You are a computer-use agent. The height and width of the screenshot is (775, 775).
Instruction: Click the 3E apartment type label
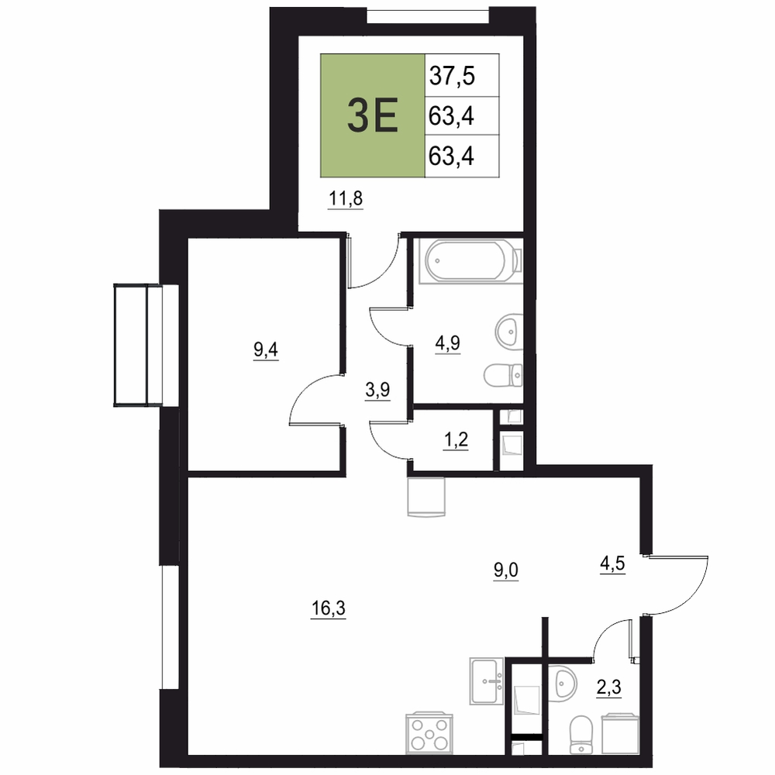point(373,115)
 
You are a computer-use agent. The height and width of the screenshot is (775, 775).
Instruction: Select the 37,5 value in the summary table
point(452,76)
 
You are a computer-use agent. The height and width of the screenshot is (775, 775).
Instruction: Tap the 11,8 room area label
point(346,198)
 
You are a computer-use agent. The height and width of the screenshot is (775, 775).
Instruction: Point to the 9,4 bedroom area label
point(265,350)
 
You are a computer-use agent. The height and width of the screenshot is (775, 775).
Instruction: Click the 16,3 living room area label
point(328,608)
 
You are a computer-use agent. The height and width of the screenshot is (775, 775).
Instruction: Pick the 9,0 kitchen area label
point(506,570)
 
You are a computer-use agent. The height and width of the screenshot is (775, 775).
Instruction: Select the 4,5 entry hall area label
point(612,563)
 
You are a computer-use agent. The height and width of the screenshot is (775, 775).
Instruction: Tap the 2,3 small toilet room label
point(609,687)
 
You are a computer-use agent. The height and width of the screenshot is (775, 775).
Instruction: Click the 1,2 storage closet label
point(456,439)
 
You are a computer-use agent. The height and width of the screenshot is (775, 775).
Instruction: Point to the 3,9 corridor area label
point(377,390)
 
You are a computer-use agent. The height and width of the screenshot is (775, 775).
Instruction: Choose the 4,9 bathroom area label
point(447,343)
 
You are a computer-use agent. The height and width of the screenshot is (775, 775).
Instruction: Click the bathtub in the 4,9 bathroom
point(470,261)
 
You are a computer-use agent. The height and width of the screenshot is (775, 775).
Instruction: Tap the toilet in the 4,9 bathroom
point(503,376)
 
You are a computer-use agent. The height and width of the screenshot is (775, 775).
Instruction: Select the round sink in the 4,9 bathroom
point(509,331)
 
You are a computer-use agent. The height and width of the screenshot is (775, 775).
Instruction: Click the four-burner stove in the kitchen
point(429,732)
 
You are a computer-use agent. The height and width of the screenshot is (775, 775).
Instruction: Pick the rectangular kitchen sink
point(487,680)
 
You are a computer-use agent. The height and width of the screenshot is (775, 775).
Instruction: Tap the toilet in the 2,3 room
point(580,735)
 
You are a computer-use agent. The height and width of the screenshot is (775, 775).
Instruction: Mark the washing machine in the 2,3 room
point(620,733)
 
